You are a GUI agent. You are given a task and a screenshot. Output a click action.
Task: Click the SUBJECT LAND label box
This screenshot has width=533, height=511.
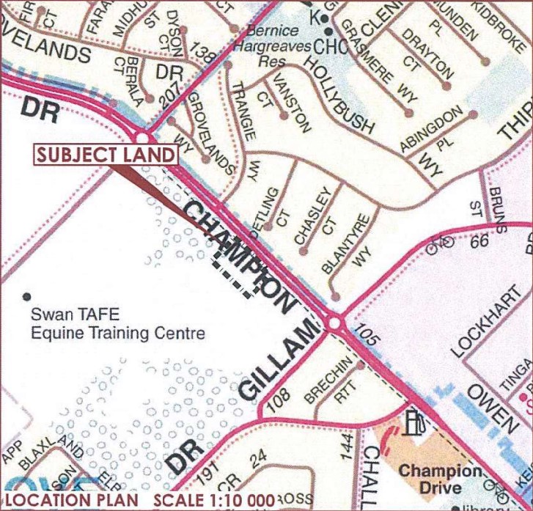pos(106,155)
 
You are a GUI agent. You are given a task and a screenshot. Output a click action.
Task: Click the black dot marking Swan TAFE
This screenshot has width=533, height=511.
pos(27,296)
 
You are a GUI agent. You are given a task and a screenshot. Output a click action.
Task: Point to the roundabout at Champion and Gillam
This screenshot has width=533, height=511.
pos(335,323)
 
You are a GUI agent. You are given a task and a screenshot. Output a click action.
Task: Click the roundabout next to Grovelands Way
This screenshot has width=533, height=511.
pos(141,138)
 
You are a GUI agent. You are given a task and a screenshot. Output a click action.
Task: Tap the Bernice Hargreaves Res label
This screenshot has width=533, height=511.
pos(271,46)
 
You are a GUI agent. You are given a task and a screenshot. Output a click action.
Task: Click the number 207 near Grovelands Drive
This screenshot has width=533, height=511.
pos(172,87)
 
